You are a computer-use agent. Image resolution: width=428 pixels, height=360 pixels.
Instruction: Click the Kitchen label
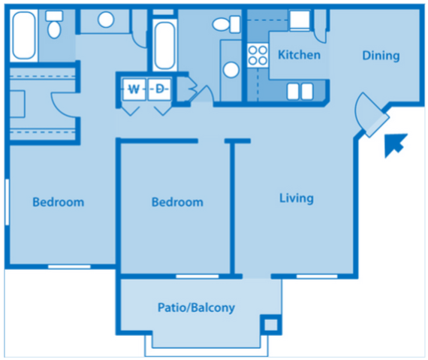coord(299,55)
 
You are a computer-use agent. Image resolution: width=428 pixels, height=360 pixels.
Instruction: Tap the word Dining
coord(381,55)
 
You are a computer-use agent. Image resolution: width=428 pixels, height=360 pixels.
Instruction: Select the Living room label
coord(296,198)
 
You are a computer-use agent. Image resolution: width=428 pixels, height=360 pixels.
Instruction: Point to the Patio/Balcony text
coord(196,307)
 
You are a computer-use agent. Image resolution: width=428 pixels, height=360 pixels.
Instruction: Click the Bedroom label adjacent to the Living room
coord(177,202)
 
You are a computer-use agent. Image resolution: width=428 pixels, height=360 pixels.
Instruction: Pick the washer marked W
coord(134,89)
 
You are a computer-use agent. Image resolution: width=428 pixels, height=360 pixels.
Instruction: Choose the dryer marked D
coord(160,89)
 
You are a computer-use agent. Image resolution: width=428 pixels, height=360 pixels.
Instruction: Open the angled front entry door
coord(371,115)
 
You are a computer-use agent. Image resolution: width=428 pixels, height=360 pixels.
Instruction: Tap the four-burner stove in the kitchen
coord(258,55)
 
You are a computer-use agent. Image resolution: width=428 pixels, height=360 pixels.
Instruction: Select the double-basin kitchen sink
coord(300,91)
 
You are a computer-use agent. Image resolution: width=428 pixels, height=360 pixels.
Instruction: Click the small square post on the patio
coord(269,325)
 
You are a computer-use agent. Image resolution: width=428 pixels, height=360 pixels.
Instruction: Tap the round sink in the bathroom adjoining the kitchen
coord(231,70)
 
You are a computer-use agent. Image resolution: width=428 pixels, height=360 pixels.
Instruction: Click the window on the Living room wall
coord(315,277)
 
